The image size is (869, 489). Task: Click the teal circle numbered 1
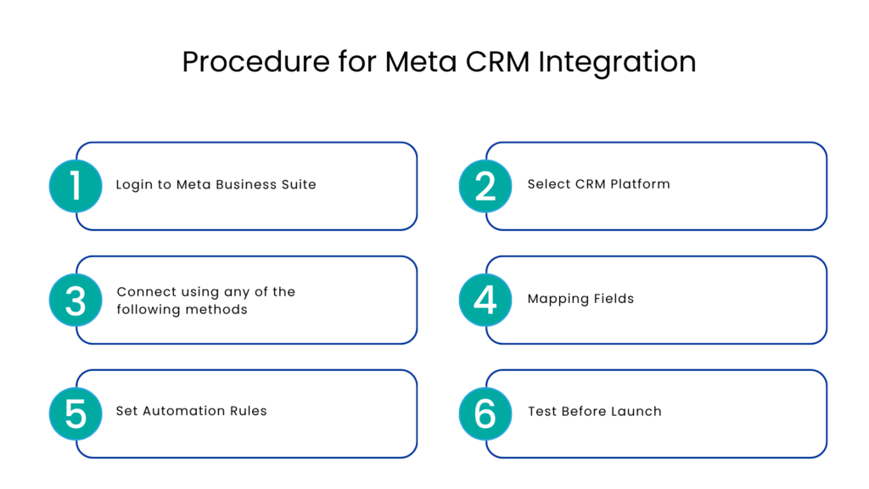76,186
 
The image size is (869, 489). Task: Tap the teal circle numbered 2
485,186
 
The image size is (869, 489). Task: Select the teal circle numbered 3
76,301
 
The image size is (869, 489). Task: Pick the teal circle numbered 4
485,301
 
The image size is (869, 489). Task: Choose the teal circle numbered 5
76,413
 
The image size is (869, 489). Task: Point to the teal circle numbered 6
485,413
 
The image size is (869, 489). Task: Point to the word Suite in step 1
298,184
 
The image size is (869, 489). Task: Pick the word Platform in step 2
638,184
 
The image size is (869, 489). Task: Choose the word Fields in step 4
613,299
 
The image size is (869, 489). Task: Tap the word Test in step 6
542,411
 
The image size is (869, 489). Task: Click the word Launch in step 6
637,411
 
